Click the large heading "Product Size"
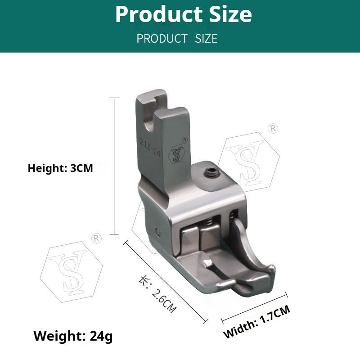(x=183, y=14)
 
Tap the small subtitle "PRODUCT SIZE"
(x=177, y=39)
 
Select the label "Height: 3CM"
(x=60, y=168)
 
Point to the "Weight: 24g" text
(x=73, y=336)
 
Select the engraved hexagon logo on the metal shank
(x=176, y=154)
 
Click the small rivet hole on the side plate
(x=157, y=232)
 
